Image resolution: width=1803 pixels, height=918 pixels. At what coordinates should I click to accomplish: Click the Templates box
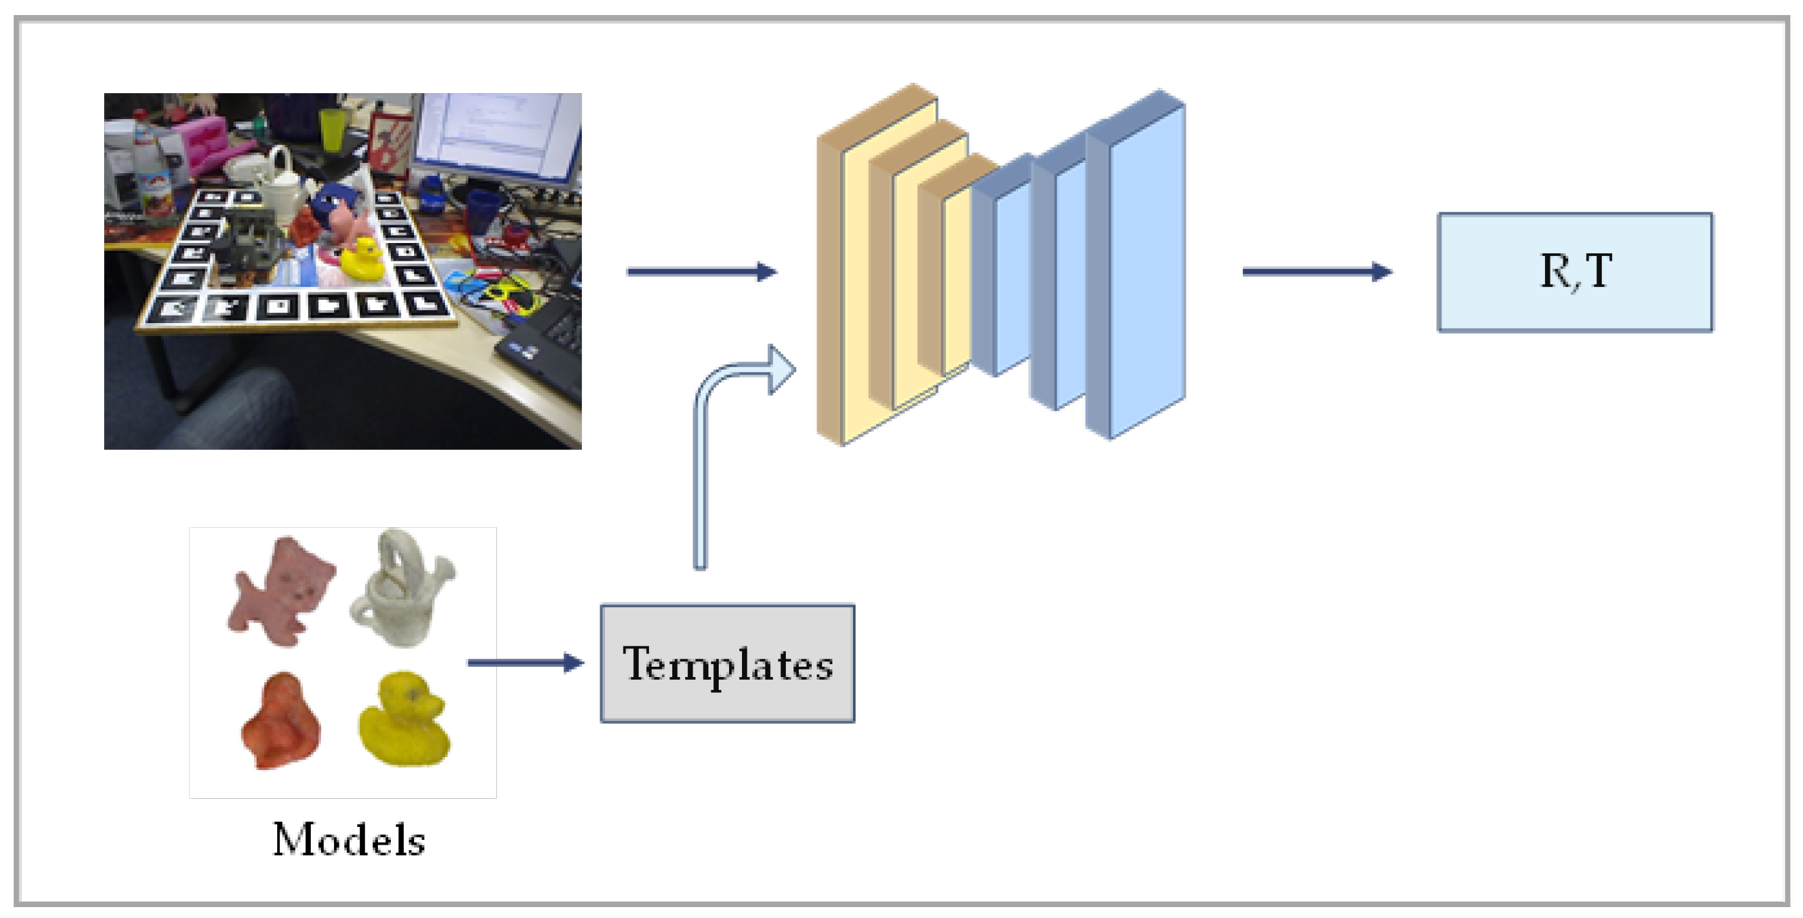[727, 663]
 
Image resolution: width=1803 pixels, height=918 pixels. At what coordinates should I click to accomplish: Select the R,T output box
[1575, 272]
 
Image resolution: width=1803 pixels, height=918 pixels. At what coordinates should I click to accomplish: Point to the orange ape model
[281, 722]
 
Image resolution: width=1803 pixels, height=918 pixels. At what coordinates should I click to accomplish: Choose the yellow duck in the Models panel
[405, 719]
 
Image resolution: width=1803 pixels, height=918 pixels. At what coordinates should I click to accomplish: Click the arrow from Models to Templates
[525, 663]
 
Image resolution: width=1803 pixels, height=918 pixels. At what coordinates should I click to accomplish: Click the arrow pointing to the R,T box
[1316, 272]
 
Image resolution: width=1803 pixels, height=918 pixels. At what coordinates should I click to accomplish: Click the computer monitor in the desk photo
[497, 136]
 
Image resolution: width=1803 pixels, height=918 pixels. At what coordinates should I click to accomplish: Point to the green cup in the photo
[332, 129]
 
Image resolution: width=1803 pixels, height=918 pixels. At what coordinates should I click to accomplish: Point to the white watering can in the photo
[280, 186]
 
